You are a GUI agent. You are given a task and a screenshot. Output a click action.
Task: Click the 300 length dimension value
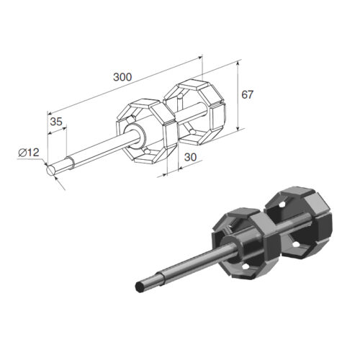[x=122, y=77]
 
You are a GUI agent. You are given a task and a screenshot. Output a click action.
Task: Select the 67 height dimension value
[x=247, y=95]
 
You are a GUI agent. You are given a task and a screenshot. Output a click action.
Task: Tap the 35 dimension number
[x=56, y=122]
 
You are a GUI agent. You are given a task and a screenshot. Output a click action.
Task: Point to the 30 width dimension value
[x=190, y=157]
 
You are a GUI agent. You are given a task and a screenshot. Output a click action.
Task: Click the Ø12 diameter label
[x=29, y=153]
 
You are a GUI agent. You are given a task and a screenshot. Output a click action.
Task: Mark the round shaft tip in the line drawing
[x=50, y=170]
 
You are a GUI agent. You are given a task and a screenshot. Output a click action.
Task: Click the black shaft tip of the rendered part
[x=140, y=287]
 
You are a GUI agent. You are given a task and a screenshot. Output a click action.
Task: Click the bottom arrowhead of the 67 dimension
[x=238, y=128]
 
